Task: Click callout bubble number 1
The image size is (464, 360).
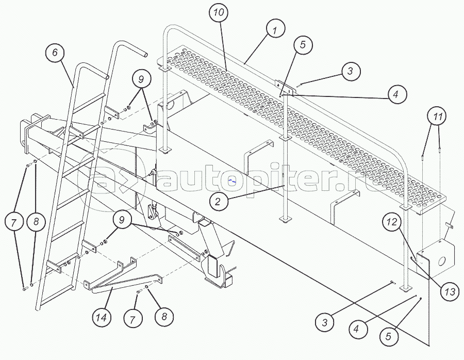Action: pyautogui.click(x=275, y=31)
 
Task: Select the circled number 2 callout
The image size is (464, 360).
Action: pyautogui.click(x=219, y=202)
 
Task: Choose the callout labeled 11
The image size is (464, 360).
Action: pyautogui.click(x=438, y=117)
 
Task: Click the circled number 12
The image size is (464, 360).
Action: pyautogui.click(x=392, y=222)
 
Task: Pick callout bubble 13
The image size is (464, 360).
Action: pyautogui.click(x=450, y=291)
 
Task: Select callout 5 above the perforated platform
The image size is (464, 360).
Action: pyautogui.click(x=303, y=45)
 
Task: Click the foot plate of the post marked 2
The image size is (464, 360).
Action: pyautogui.click(x=285, y=221)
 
